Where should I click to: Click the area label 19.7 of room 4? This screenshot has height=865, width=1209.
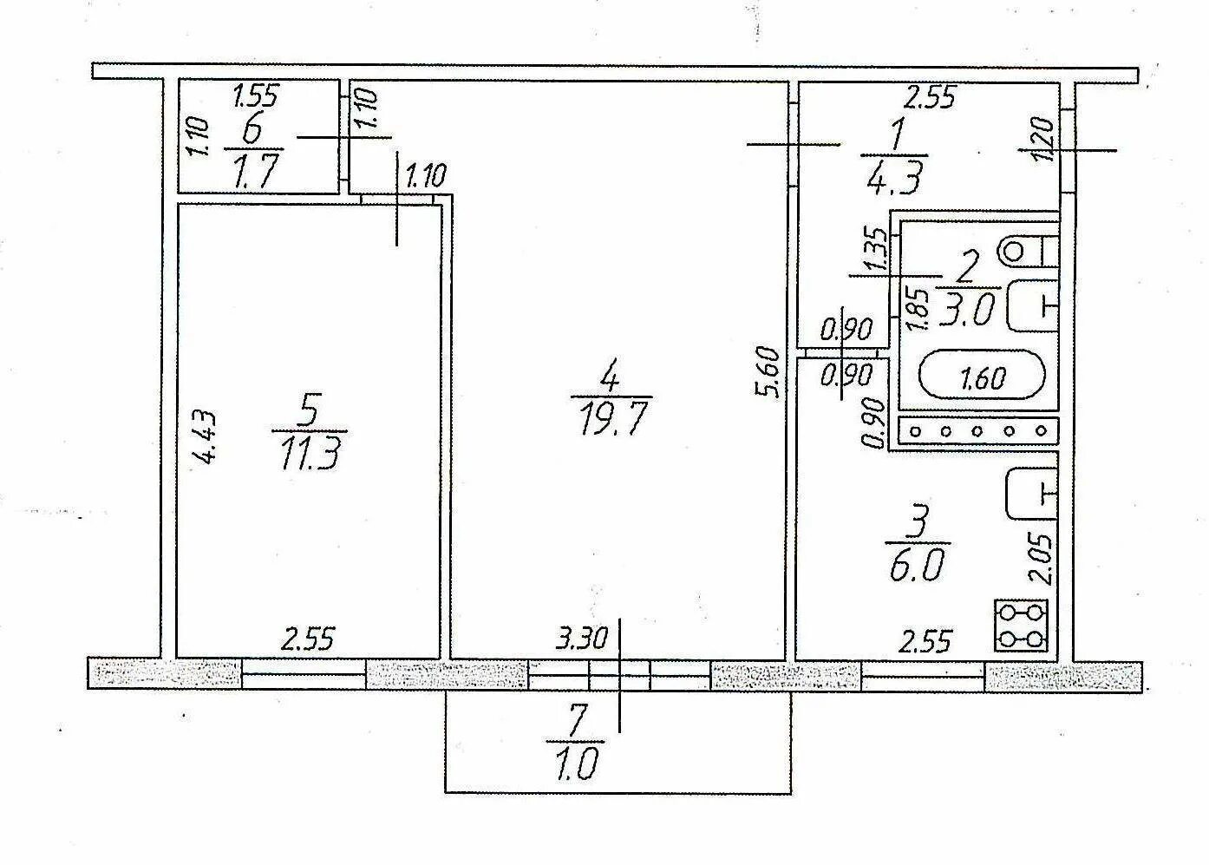click(611, 420)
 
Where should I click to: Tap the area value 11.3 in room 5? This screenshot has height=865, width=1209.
click(309, 453)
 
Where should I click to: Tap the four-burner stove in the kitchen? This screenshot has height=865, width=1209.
click(1022, 626)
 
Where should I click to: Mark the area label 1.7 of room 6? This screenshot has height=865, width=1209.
click(255, 172)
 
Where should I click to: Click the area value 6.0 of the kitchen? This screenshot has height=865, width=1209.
click(915, 566)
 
